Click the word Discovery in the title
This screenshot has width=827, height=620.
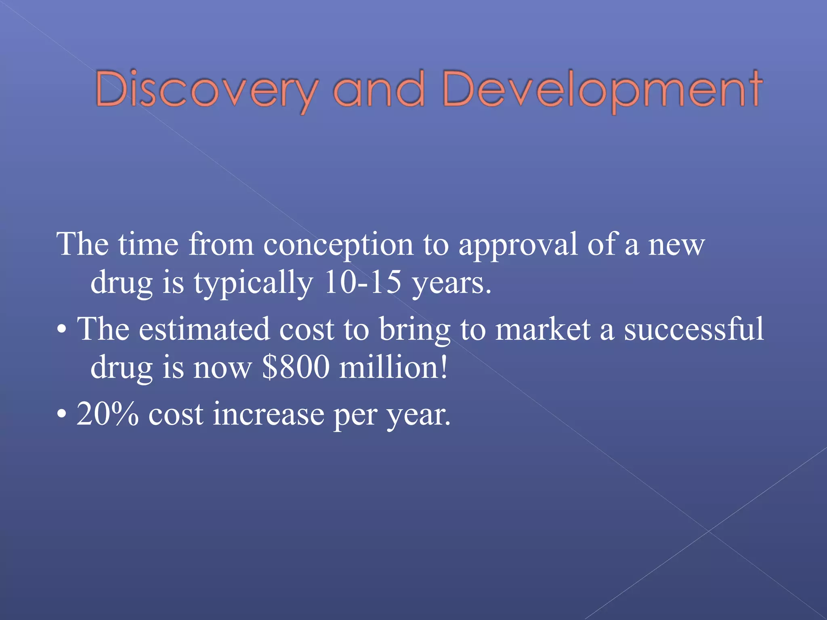click(206, 90)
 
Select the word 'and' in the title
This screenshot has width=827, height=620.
click(378, 90)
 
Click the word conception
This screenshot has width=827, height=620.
click(338, 245)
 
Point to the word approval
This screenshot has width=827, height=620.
click(518, 245)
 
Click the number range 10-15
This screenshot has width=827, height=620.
click(362, 283)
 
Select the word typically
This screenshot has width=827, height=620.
click(253, 283)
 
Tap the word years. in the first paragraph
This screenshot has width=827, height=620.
click(451, 283)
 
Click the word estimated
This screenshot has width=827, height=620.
click(204, 329)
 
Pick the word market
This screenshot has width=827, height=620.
click(543, 329)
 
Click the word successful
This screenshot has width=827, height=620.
click(694, 329)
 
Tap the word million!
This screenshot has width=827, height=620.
click(393, 367)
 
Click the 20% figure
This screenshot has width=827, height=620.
click(107, 414)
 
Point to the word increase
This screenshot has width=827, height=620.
click(268, 414)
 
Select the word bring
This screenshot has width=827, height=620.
click(414, 329)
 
